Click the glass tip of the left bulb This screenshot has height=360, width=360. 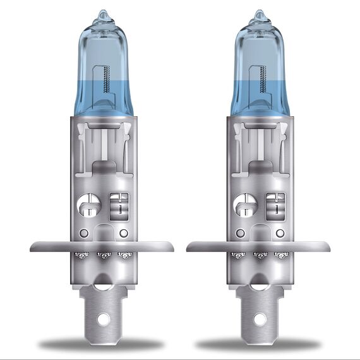pyautogui.click(x=103, y=14)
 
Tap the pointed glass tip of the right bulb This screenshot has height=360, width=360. pyautogui.click(x=260, y=14)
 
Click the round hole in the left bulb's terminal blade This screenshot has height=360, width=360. pyautogui.click(x=103, y=318)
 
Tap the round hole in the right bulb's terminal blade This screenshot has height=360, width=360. pyautogui.click(x=259, y=318)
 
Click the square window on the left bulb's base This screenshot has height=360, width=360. pyautogui.click(x=119, y=205)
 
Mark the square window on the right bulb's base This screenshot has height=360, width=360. pyautogui.click(x=276, y=205)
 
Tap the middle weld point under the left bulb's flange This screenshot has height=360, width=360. pyautogui.click(x=102, y=255)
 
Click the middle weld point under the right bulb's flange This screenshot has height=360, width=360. pyautogui.click(x=258, y=255)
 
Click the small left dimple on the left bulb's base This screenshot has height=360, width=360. pyautogui.click(x=83, y=233)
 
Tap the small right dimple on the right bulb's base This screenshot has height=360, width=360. pyautogui.click(x=279, y=233)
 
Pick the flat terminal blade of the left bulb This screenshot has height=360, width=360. pyautogui.click(x=103, y=303)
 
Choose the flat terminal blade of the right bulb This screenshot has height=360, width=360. pyautogui.click(x=259, y=303)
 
